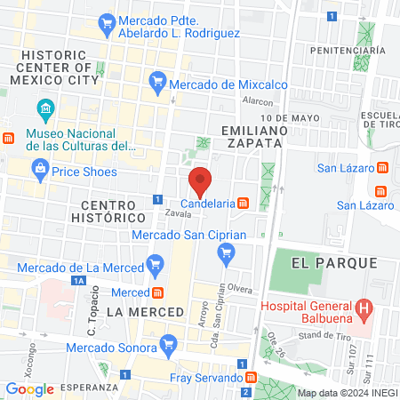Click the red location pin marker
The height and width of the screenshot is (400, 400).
201,181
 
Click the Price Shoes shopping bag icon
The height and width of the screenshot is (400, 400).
39,168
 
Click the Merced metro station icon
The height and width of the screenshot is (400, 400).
157,292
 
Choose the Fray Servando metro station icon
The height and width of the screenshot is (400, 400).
251,379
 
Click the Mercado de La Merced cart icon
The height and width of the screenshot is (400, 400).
156,264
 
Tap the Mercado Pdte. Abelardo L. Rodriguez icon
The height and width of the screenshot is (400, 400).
107,21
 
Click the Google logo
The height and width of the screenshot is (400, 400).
29,388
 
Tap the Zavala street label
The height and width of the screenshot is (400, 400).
179,214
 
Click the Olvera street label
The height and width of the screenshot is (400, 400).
240,289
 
